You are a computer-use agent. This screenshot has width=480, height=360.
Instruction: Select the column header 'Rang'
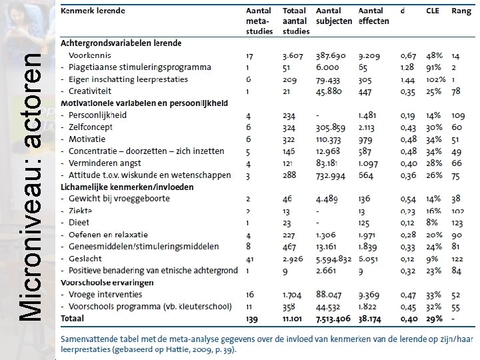461,11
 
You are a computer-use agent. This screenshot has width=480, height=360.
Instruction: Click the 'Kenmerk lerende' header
93,11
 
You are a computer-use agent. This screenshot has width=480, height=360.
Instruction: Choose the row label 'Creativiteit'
90,91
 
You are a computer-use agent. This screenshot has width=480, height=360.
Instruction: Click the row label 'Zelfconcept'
91,127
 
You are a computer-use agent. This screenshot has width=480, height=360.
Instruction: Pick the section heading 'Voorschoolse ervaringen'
107,282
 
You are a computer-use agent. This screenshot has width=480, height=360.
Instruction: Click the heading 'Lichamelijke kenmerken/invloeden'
127,187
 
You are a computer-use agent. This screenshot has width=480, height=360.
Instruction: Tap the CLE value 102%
434,79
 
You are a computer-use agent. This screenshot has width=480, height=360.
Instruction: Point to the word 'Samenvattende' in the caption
93,338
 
